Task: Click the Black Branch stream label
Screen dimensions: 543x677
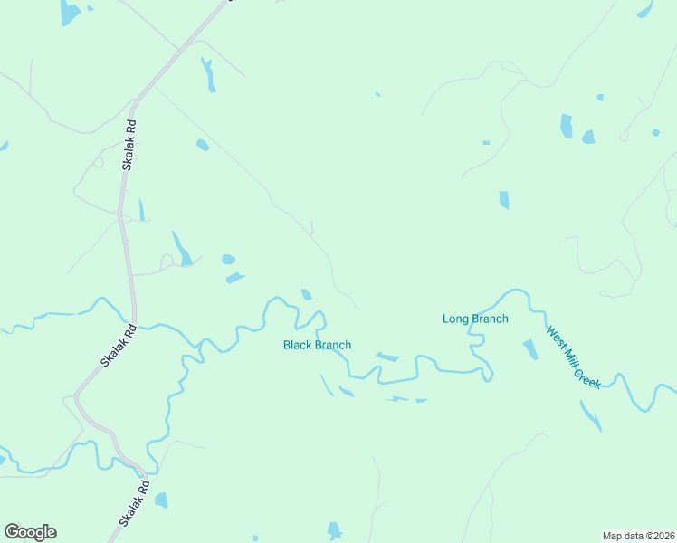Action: click(317, 345)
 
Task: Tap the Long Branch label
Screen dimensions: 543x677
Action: click(475, 319)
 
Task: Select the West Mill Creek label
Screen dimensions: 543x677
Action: click(573, 357)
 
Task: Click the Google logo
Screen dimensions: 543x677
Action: click(30, 532)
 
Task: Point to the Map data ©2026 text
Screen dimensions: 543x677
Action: click(639, 536)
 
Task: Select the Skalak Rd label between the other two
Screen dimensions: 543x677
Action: click(119, 346)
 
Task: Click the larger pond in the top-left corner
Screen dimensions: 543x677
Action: click(69, 12)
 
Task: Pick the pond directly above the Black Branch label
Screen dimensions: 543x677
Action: click(307, 294)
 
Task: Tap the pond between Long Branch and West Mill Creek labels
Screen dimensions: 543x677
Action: click(530, 348)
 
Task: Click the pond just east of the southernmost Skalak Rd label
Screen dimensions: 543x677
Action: click(161, 500)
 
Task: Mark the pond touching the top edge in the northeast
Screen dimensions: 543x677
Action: click(644, 9)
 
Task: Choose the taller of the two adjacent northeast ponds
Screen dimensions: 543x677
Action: click(567, 126)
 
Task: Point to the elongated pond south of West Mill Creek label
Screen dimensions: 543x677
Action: click(589, 415)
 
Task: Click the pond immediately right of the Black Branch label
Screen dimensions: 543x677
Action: click(386, 357)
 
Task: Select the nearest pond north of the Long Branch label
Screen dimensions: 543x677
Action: click(504, 199)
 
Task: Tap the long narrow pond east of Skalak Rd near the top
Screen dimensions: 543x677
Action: click(209, 75)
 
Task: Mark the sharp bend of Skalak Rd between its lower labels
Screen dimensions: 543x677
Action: click(80, 395)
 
